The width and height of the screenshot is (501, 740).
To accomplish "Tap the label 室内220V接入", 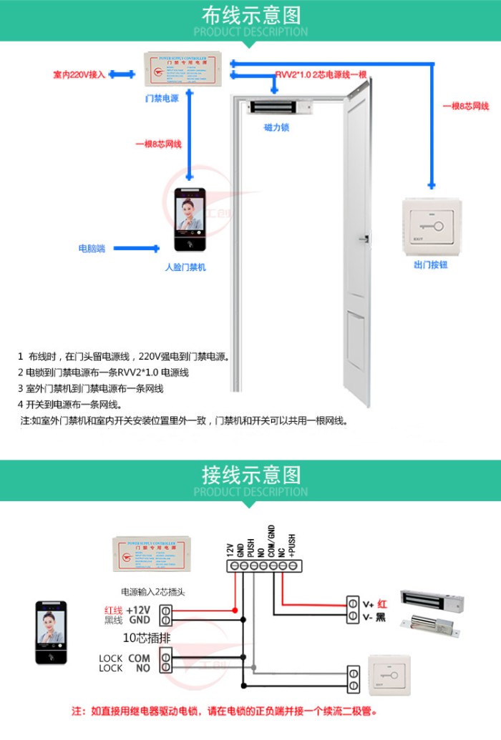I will click(x=79, y=74).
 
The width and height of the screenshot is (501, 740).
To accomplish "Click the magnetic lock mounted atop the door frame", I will click(x=281, y=108).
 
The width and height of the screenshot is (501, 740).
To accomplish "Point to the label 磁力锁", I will click(x=276, y=127).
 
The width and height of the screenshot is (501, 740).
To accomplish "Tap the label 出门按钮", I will click(x=430, y=265).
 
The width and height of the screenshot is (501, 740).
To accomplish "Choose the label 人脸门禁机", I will click(x=185, y=267).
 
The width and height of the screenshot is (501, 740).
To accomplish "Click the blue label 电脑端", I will click(x=92, y=249).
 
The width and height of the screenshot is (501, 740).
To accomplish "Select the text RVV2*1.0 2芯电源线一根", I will click(x=321, y=75).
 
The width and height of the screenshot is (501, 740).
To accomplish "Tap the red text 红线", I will click(x=113, y=610).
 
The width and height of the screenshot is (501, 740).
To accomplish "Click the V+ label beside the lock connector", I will click(x=369, y=604).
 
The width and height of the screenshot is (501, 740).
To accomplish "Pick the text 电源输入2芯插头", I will click(x=153, y=592).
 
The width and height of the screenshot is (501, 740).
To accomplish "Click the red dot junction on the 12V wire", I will click(x=235, y=610).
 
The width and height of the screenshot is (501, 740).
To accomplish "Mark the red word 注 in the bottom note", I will click(x=77, y=712).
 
